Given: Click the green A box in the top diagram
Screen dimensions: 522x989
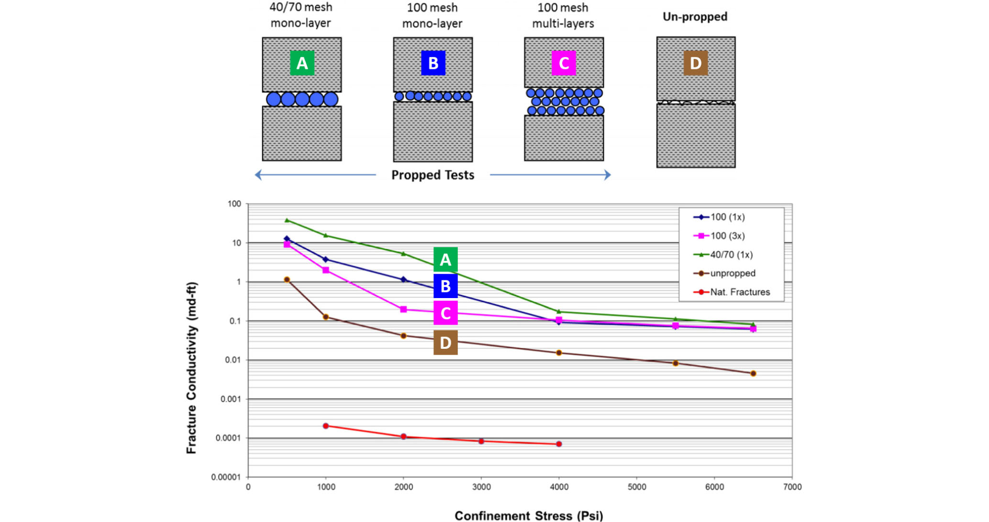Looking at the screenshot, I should (302, 63).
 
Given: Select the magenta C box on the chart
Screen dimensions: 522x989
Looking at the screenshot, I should (445, 313).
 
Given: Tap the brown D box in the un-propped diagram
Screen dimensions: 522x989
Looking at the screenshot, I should (695, 63).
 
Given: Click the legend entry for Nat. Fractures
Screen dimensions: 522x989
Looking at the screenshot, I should (740, 292).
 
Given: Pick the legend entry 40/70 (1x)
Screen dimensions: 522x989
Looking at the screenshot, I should (731, 255).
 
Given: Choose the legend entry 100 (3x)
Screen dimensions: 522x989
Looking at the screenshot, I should (727, 236).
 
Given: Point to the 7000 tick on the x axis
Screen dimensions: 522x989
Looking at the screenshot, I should (792, 487).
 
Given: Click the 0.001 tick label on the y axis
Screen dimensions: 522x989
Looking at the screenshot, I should (231, 399).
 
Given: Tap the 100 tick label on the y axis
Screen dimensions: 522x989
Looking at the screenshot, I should (234, 204).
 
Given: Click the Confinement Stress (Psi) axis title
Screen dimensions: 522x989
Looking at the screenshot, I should (529, 515).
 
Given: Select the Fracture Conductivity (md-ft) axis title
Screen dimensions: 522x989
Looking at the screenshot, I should (191, 368).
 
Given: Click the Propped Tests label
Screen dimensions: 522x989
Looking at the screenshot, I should (433, 175).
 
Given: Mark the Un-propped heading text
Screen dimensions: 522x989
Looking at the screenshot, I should (695, 17).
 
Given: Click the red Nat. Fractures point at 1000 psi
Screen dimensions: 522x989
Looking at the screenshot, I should (326, 426).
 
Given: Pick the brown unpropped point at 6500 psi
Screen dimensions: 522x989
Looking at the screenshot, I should (753, 373).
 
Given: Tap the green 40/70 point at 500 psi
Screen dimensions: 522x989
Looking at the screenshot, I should (287, 220).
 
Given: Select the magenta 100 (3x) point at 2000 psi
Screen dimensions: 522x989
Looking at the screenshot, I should (403, 310).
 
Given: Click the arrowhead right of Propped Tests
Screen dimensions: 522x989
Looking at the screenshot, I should (607, 175).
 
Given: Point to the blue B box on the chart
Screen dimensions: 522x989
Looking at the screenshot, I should (445, 286).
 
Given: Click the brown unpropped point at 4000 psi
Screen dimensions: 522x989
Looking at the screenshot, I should (559, 353).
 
